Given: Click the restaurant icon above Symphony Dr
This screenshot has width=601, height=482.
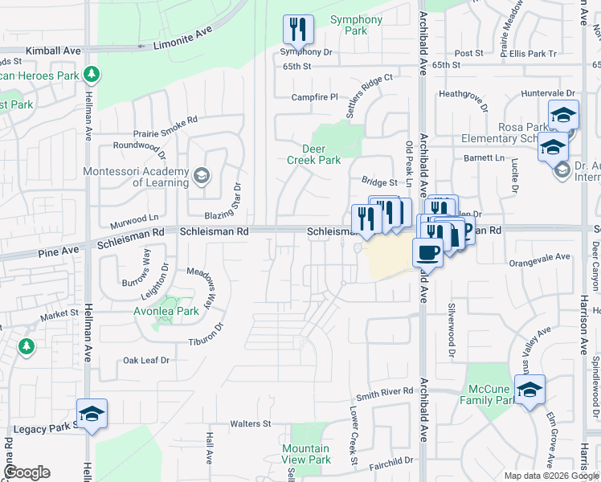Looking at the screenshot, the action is pyautogui.click(x=298, y=30).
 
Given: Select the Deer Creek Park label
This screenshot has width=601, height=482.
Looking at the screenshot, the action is pyautogui.click(x=314, y=154).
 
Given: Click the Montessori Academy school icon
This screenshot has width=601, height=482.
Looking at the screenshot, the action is pyautogui.click(x=201, y=175).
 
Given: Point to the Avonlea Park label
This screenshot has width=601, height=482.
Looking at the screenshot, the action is pyautogui.click(x=166, y=311).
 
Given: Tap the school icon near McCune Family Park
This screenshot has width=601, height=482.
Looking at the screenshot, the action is pyautogui.click(x=529, y=390).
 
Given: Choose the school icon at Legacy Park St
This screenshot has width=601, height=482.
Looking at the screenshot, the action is pyautogui.click(x=92, y=414).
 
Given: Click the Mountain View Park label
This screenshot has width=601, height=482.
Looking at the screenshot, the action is pyautogui.click(x=306, y=454).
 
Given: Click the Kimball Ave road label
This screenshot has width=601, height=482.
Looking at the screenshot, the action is pyautogui.click(x=54, y=50).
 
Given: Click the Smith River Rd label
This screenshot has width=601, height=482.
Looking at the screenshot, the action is pyautogui.click(x=385, y=392).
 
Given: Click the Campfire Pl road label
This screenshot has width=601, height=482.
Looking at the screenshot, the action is pyautogui.click(x=314, y=97).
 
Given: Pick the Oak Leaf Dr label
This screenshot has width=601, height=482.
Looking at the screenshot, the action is pyautogui.click(x=146, y=361).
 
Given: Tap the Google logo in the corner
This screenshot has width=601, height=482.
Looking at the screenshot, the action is pyautogui.click(x=27, y=472).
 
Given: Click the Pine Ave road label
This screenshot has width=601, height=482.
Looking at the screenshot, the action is pyautogui.click(x=59, y=251).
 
